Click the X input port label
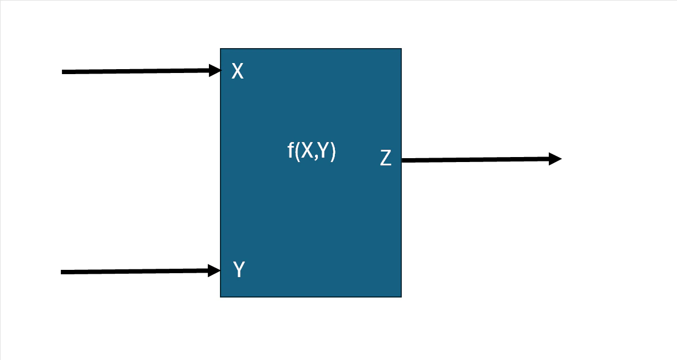tap(237, 71)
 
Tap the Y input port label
tap(239, 269)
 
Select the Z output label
tap(385, 158)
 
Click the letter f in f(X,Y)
tap(291, 150)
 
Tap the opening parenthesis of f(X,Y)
tap(298, 152)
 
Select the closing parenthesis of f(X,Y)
tap(333, 152)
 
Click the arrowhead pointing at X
tap(215, 70)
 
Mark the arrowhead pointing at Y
tap(214, 270)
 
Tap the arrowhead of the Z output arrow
tap(555, 159)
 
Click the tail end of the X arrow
tap(62, 72)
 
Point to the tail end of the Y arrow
tap(61, 272)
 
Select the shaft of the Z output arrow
tap(475, 160)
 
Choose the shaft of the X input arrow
tap(135, 71)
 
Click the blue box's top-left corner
tap(221, 49)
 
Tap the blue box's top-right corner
tap(401, 49)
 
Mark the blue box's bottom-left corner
tap(221, 297)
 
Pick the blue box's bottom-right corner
tap(401, 297)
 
